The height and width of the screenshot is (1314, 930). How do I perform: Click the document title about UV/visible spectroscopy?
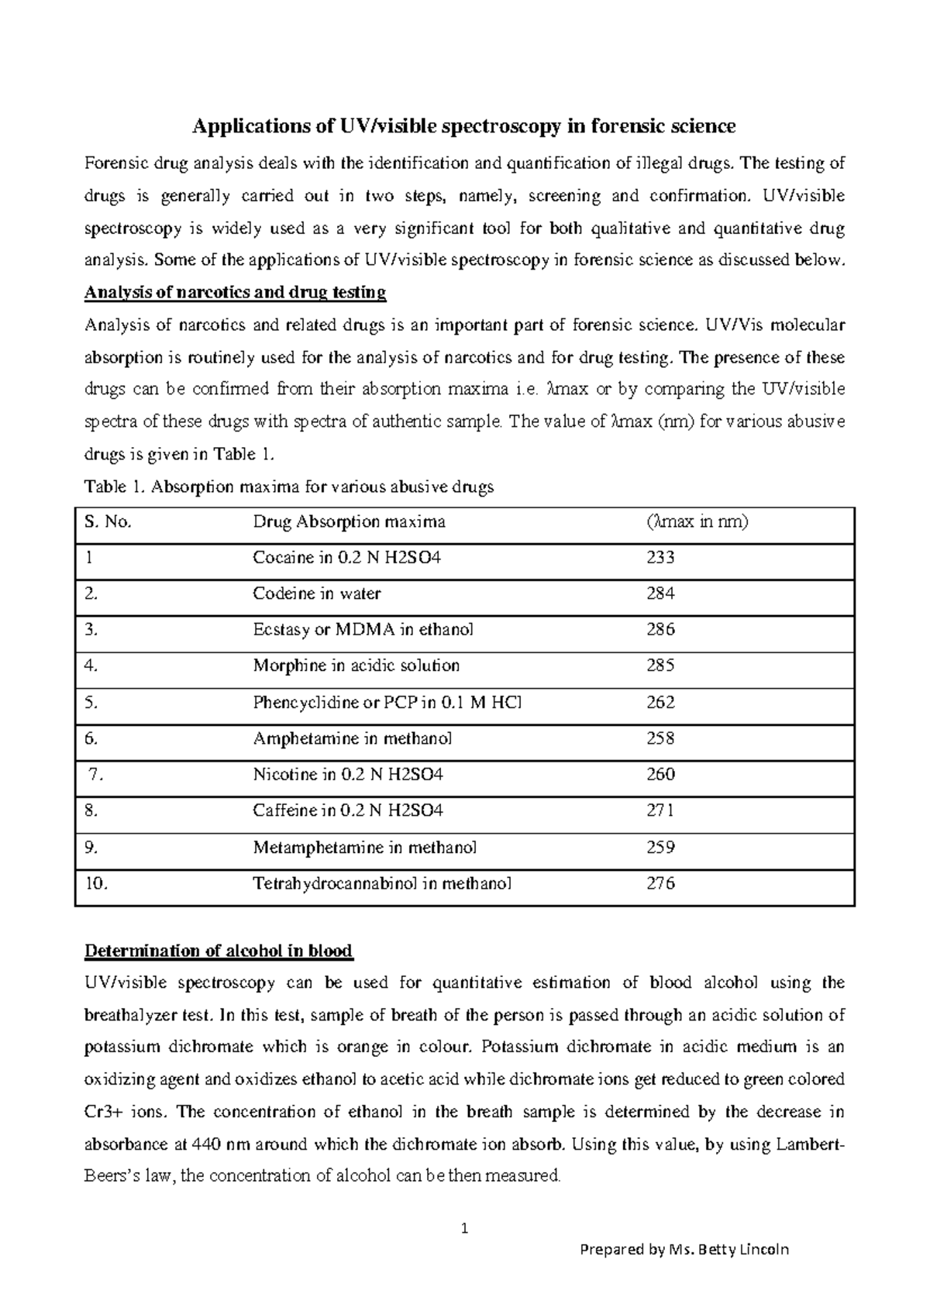click(x=463, y=126)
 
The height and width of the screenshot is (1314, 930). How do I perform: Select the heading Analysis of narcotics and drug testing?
click(x=235, y=293)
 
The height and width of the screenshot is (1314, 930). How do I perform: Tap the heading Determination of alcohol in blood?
click(x=219, y=951)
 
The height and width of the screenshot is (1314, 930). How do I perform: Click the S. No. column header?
click(x=108, y=521)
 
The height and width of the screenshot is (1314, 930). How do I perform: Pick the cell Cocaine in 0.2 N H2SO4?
click(x=346, y=557)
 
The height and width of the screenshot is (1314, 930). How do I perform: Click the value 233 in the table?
click(x=660, y=557)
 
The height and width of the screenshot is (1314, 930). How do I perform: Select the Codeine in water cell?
click(x=316, y=593)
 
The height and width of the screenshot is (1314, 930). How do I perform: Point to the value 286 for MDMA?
click(x=660, y=629)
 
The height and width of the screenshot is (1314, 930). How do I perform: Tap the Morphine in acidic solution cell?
click(x=356, y=666)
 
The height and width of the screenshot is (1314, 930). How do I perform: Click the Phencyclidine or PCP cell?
click(x=387, y=702)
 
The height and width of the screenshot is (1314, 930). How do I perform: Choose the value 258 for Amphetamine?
click(x=660, y=738)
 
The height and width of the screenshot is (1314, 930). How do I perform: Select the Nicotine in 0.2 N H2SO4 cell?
click(x=348, y=774)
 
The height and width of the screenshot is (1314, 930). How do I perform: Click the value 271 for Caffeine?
click(x=660, y=810)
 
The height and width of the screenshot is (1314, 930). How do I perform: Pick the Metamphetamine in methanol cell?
click(x=364, y=847)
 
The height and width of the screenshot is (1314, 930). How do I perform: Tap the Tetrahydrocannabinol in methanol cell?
click(x=382, y=883)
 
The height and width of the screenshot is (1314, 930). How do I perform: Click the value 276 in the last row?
click(x=660, y=883)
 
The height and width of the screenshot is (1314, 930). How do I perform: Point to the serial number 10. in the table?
click(x=97, y=883)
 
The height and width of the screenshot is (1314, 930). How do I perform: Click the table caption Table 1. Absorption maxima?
click(x=288, y=487)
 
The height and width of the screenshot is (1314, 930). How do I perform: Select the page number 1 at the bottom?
click(x=464, y=1228)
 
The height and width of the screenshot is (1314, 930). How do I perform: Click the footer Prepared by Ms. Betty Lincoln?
click(x=684, y=1250)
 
